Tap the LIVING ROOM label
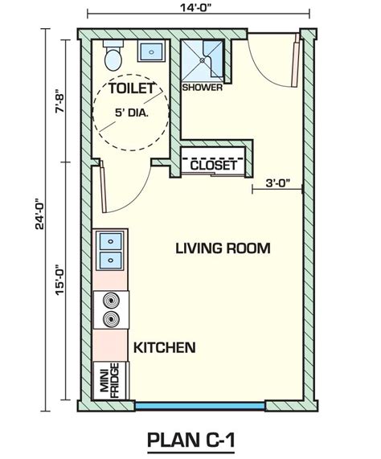tap(223, 248)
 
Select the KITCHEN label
tap(164, 348)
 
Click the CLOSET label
tap(214, 165)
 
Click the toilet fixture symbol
tap(113, 55)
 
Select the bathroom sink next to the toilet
tap(150, 51)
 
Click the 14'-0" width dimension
tap(197, 10)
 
